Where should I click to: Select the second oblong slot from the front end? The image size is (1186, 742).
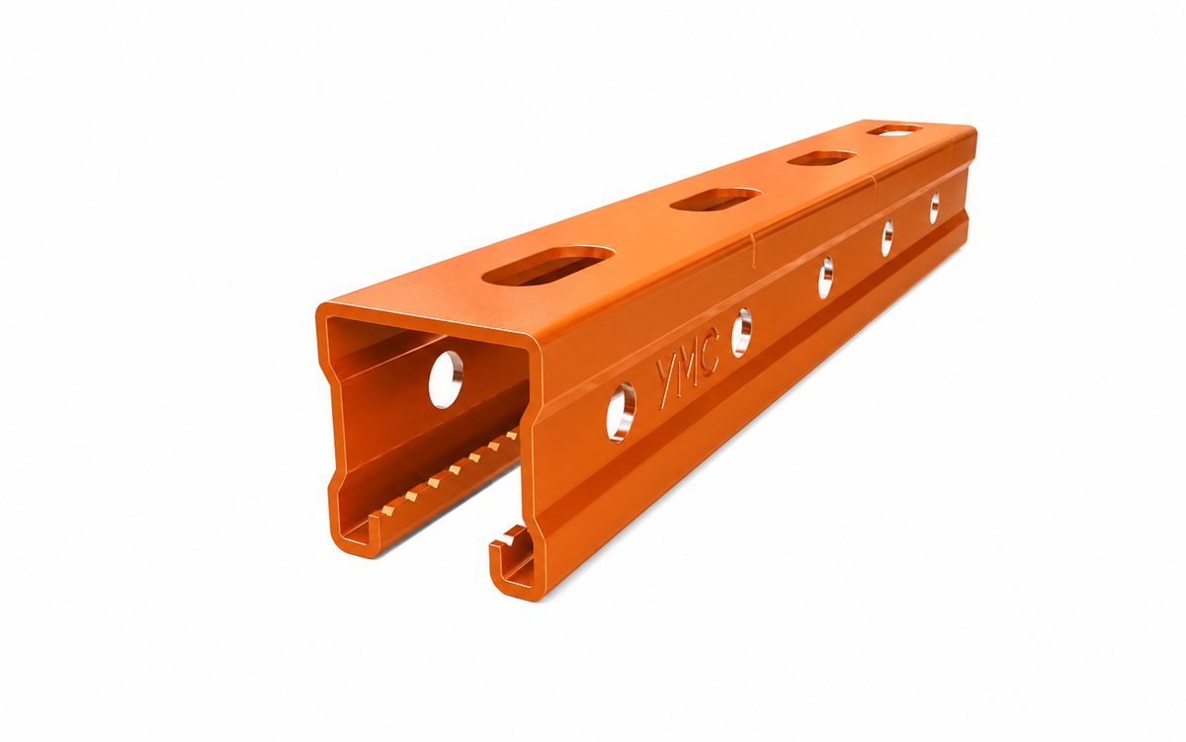tap(716, 199)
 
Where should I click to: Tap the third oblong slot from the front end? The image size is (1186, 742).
tap(821, 158)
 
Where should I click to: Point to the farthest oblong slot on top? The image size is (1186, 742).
tap(895, 129)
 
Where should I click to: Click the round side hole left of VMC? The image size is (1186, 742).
tap(621, 412)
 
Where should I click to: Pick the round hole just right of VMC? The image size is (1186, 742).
tap(740, 332)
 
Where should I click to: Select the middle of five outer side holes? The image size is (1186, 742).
tap(825, 278)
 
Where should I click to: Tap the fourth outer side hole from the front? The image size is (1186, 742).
tap(887, 238)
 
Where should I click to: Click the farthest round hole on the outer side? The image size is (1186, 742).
tap(935, 207)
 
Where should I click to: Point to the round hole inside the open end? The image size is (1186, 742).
tap(446, 379)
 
